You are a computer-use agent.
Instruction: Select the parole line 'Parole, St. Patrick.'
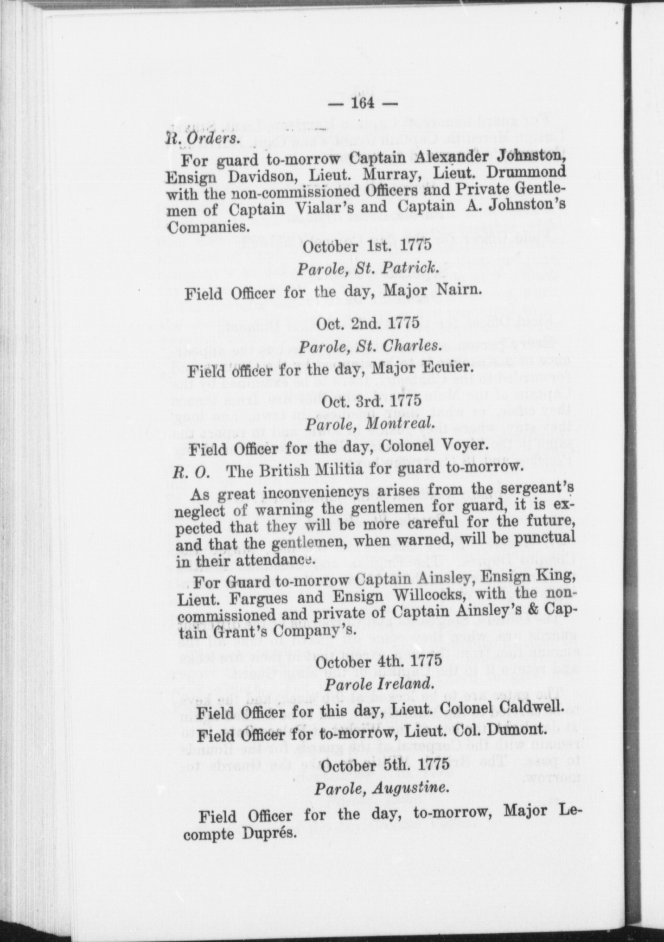(366, 268)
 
